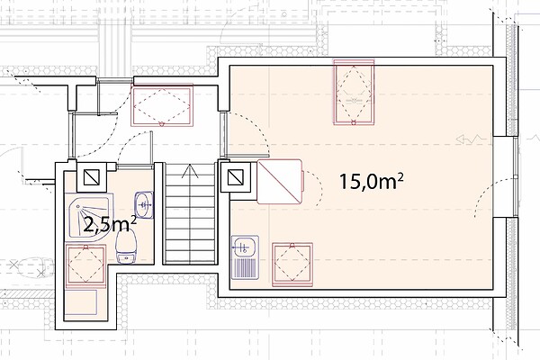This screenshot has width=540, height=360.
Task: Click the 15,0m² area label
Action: (x=371, y=181)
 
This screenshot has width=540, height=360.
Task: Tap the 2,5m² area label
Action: (x=110, y=225)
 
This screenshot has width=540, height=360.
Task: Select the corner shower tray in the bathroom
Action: (x=91, y=216)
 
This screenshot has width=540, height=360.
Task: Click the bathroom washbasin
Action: (x=144, y=204)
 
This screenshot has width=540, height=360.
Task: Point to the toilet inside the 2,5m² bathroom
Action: (x=126, y=247)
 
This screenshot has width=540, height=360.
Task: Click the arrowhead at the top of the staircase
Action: (x=190, y=172)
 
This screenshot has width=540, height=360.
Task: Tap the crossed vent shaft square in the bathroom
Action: (x=92, y=177)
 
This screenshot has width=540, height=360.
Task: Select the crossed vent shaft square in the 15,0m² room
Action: (x=236, y=177)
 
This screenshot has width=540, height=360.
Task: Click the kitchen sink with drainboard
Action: (x=245, y=257)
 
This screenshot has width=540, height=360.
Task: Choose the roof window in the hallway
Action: (x=161, y=104)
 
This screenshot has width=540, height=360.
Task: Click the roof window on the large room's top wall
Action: (x=354, y=92)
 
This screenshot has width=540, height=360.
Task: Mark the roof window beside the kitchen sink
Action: (x=292, y=265)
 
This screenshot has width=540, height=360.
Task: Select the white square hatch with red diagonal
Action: (x=280, y=182)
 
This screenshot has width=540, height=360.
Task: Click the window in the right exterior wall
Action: (x=516, y=176)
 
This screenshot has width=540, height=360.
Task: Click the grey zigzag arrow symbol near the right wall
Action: (x=471, y=139)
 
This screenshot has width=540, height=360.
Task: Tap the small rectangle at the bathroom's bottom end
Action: (x=81, y=302)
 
